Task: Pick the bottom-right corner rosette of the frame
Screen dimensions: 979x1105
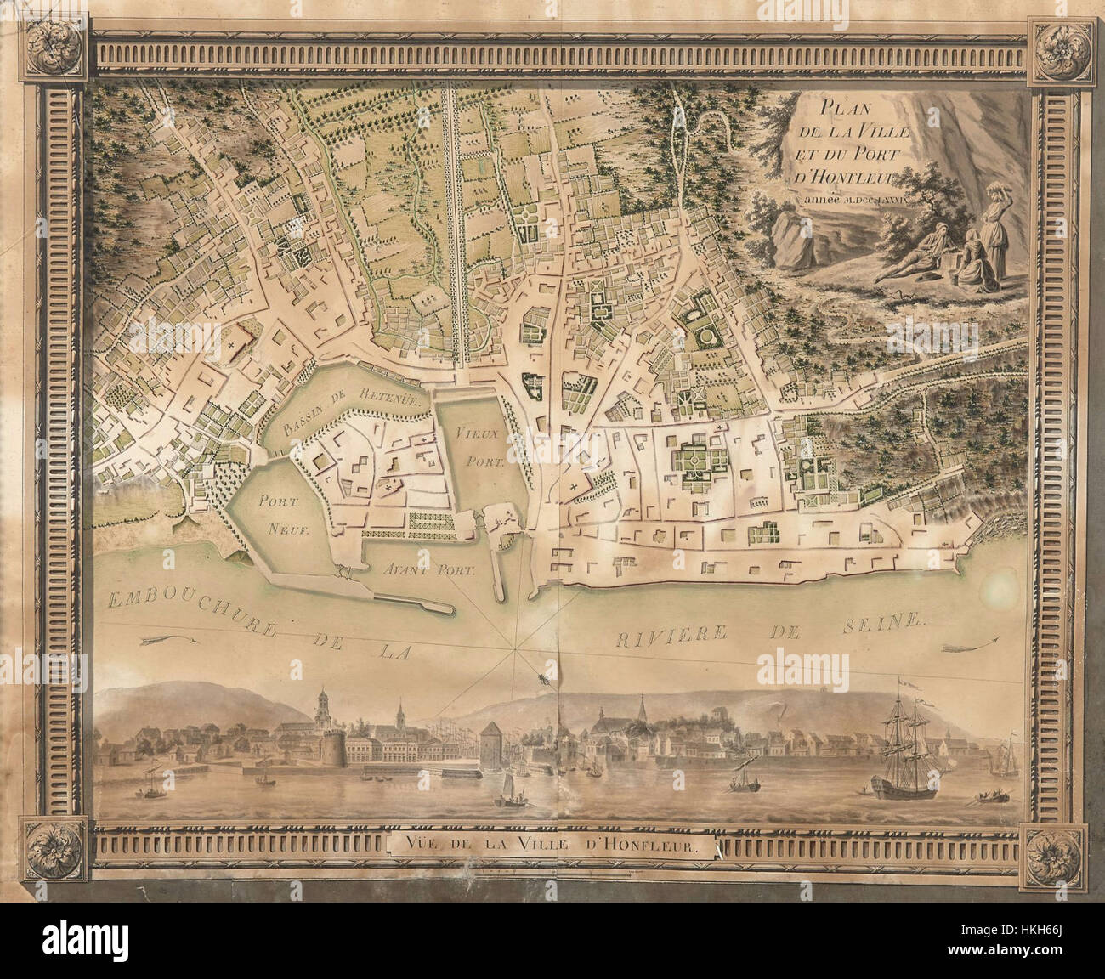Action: [1051, 852]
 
